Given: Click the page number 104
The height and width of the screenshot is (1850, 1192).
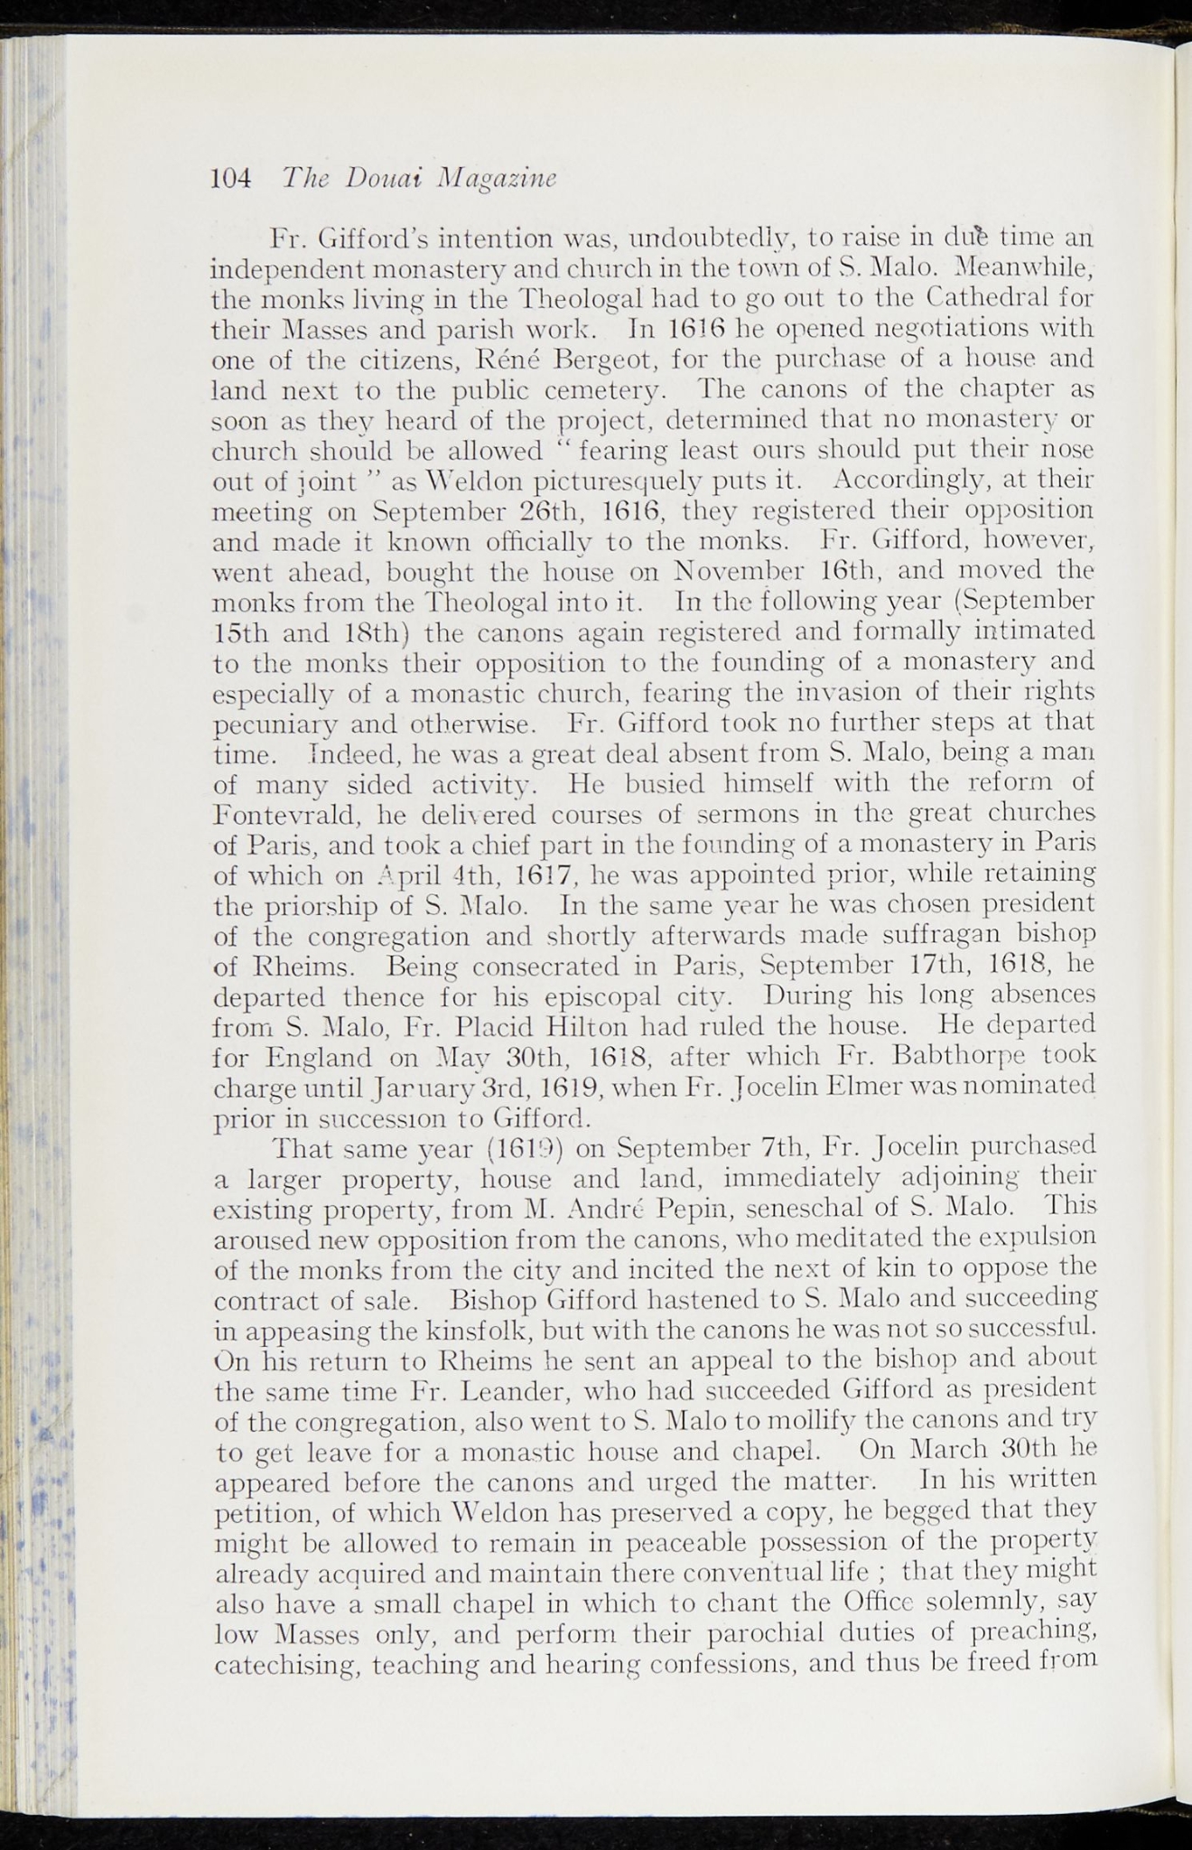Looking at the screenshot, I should tap(229, 177).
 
